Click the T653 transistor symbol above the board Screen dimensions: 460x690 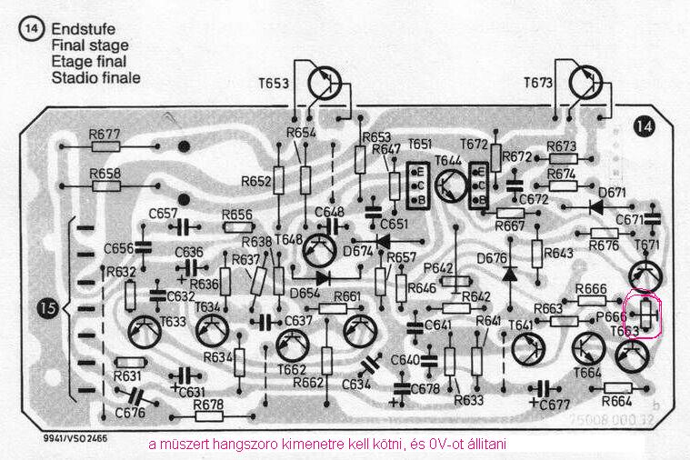[326, 84]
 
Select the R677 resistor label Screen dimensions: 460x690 [105, 133]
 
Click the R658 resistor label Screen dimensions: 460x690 [105, 173]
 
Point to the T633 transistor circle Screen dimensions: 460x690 [147, 335]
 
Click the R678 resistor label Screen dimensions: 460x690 [208, 404]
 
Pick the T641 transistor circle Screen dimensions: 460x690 [528, 350]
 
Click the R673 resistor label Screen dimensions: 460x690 [562, 146]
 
